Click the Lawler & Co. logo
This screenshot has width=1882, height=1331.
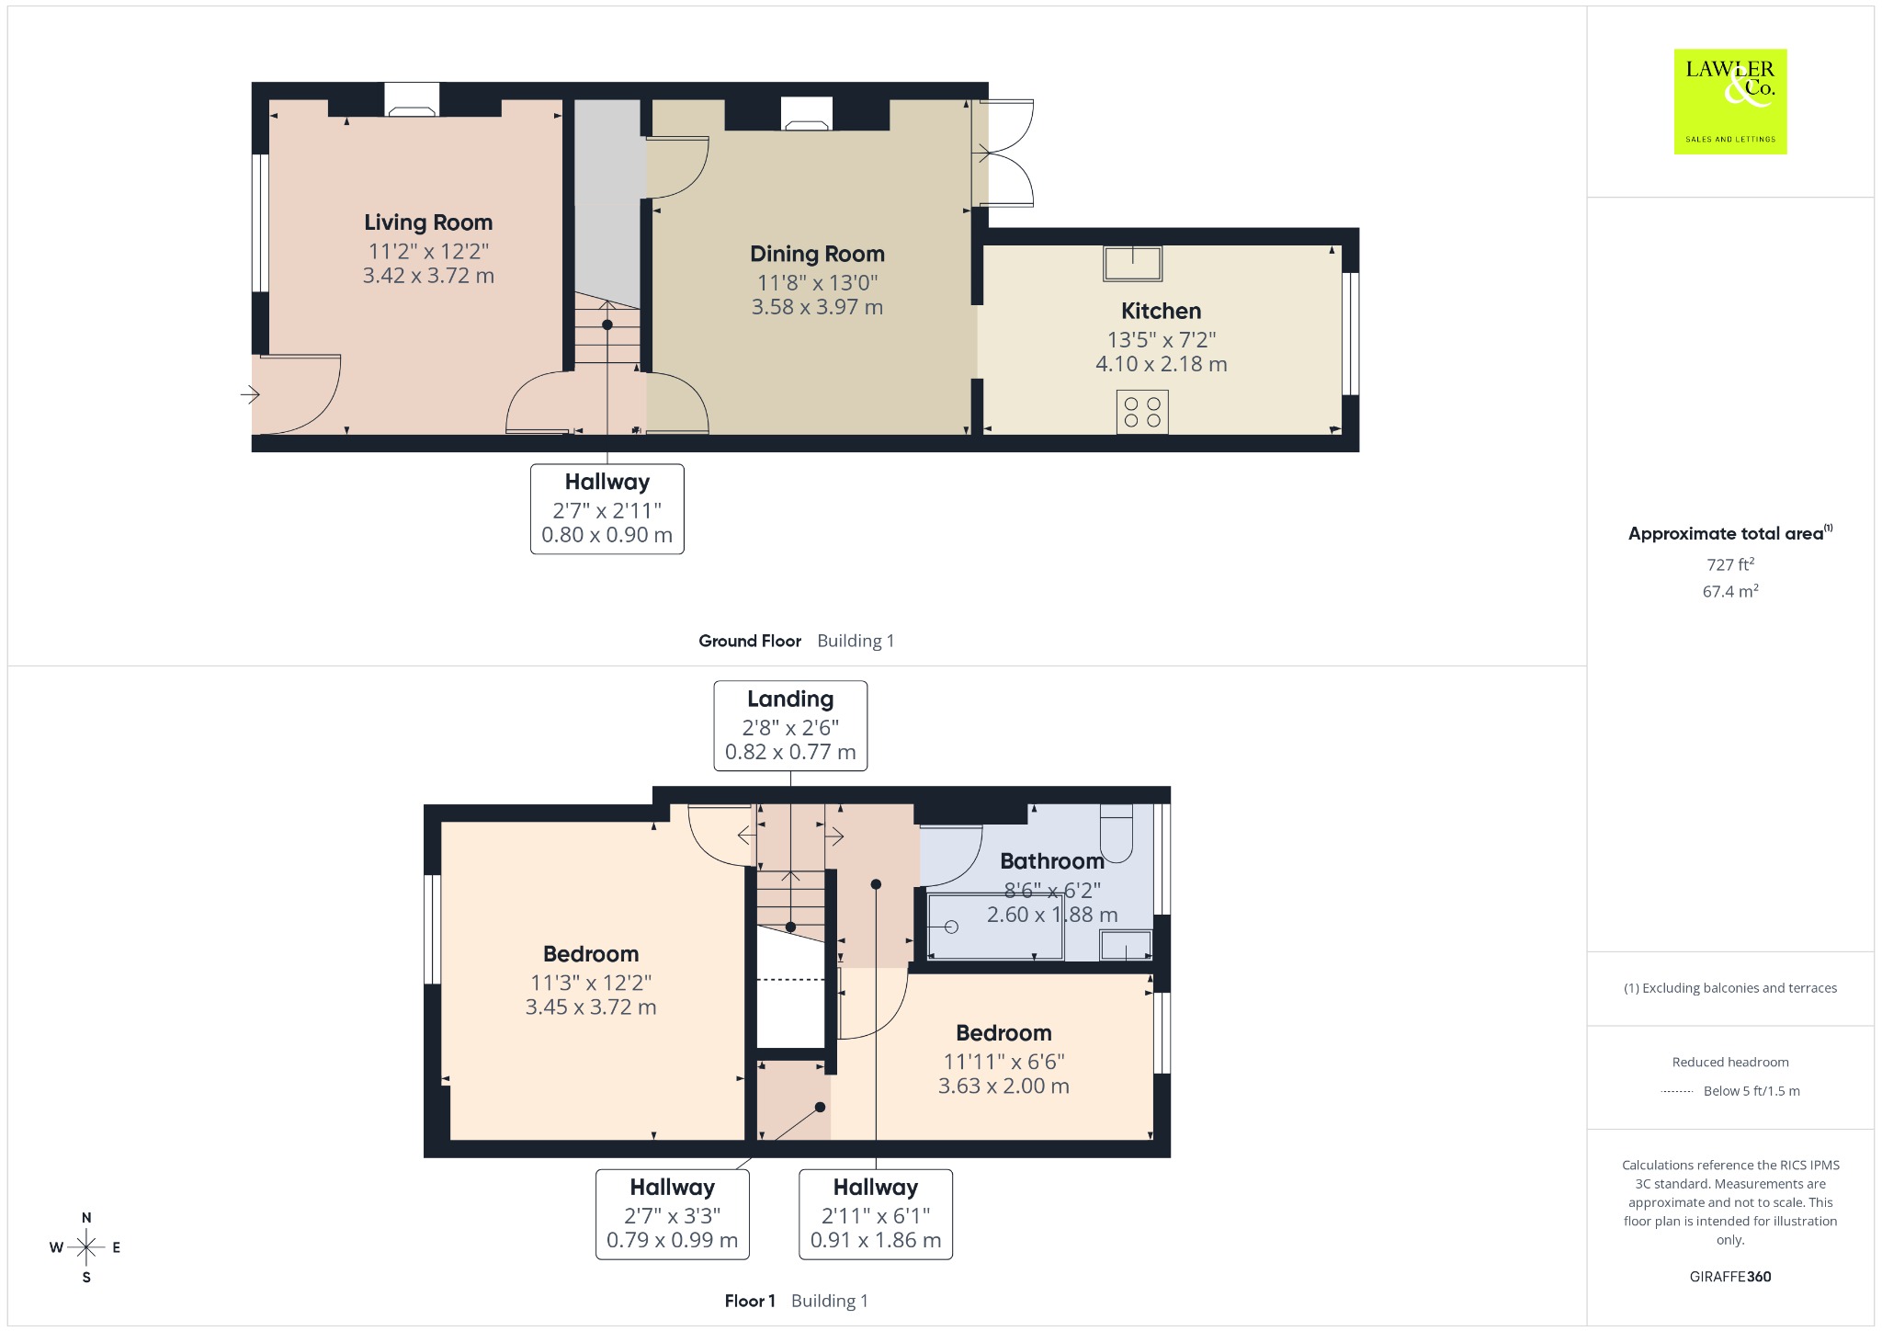click(1729, 101)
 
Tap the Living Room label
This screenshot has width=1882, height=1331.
click(428, 222)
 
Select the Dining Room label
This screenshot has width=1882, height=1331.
click(817, 254)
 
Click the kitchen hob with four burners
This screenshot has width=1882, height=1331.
click(1142, 412)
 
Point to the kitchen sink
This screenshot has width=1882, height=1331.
click(1133, 263)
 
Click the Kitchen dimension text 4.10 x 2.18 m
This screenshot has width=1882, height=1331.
click(1161, 364)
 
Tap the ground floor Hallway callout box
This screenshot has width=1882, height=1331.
click(607, 509)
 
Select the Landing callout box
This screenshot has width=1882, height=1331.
click(790, 725)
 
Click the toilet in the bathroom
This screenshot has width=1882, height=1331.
click(1116, 833)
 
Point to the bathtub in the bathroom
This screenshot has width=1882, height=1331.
click(995, 926)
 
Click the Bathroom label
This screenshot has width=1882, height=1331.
click(1052, 861)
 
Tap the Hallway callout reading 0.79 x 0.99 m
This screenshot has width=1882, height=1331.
click(673, 1213)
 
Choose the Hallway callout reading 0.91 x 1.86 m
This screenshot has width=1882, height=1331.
click(876, 1213)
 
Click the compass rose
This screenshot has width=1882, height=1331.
click(86, 1247)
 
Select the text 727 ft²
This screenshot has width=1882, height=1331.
click(1730, 564)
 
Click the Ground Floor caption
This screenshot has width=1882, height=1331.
click(750, 641)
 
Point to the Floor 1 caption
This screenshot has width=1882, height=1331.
click(750, 1301)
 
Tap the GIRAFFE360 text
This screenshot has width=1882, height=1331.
click(1730, 1277)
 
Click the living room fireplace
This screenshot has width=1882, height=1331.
click(411, 100)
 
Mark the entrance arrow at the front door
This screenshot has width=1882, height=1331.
click(250, 395)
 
